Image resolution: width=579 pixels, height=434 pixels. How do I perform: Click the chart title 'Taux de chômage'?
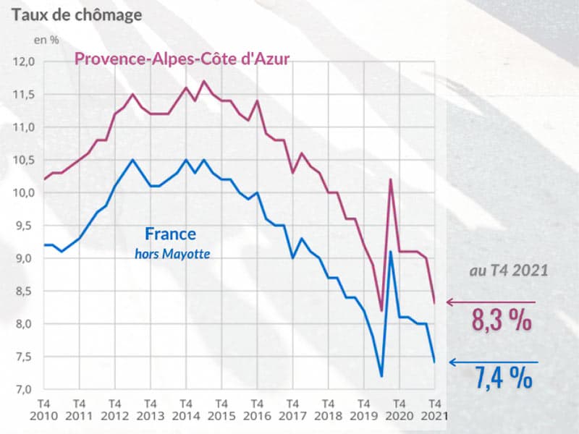[75, 14]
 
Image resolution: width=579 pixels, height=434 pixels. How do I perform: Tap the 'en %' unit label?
[48, 40]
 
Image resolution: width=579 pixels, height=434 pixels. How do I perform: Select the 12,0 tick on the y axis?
[24, 61]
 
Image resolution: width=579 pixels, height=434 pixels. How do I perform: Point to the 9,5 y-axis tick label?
[24, 226]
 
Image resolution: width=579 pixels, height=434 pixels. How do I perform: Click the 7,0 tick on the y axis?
[24, 390]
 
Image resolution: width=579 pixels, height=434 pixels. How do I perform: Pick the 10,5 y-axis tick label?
[24, 160]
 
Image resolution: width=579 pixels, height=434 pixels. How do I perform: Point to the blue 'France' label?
[170, 234]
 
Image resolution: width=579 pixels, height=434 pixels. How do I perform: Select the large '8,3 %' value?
[502, 320]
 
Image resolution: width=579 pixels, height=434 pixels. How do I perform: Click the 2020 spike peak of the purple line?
[391, 179]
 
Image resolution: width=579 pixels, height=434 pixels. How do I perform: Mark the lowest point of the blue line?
[381, 376]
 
